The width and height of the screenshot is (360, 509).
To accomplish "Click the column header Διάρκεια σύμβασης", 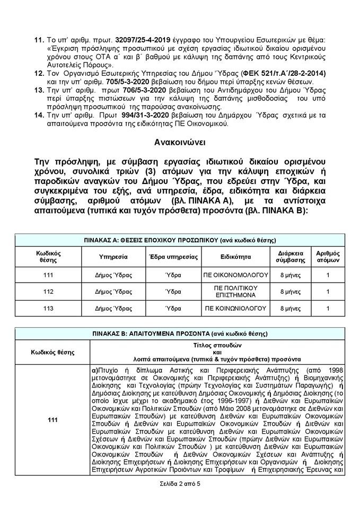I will click(291, 256).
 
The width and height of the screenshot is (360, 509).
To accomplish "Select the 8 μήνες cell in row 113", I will click(291, 308).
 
